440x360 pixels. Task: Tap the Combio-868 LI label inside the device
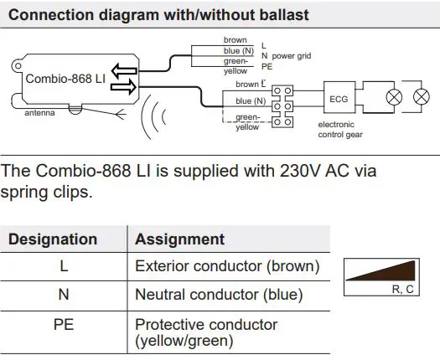coord(65,78)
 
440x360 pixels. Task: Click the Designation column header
coord(53,239)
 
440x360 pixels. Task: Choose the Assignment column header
coord(179,239)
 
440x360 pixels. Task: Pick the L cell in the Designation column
coord(65,267)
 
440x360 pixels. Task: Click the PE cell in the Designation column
coord(65,324)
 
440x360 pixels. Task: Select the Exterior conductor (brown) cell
coord(227,267)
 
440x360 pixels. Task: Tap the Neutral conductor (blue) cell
coord(219,296)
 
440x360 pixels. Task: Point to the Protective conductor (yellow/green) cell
coord(206,332)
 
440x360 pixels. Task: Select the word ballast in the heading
coord(284,15)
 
